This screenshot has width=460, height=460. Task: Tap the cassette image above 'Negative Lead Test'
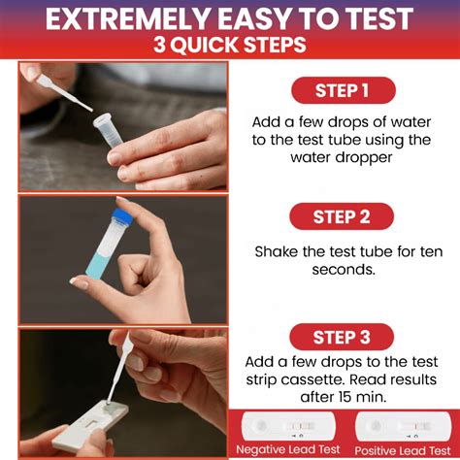[287, 426]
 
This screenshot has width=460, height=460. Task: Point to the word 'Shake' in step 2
[278, 251]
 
